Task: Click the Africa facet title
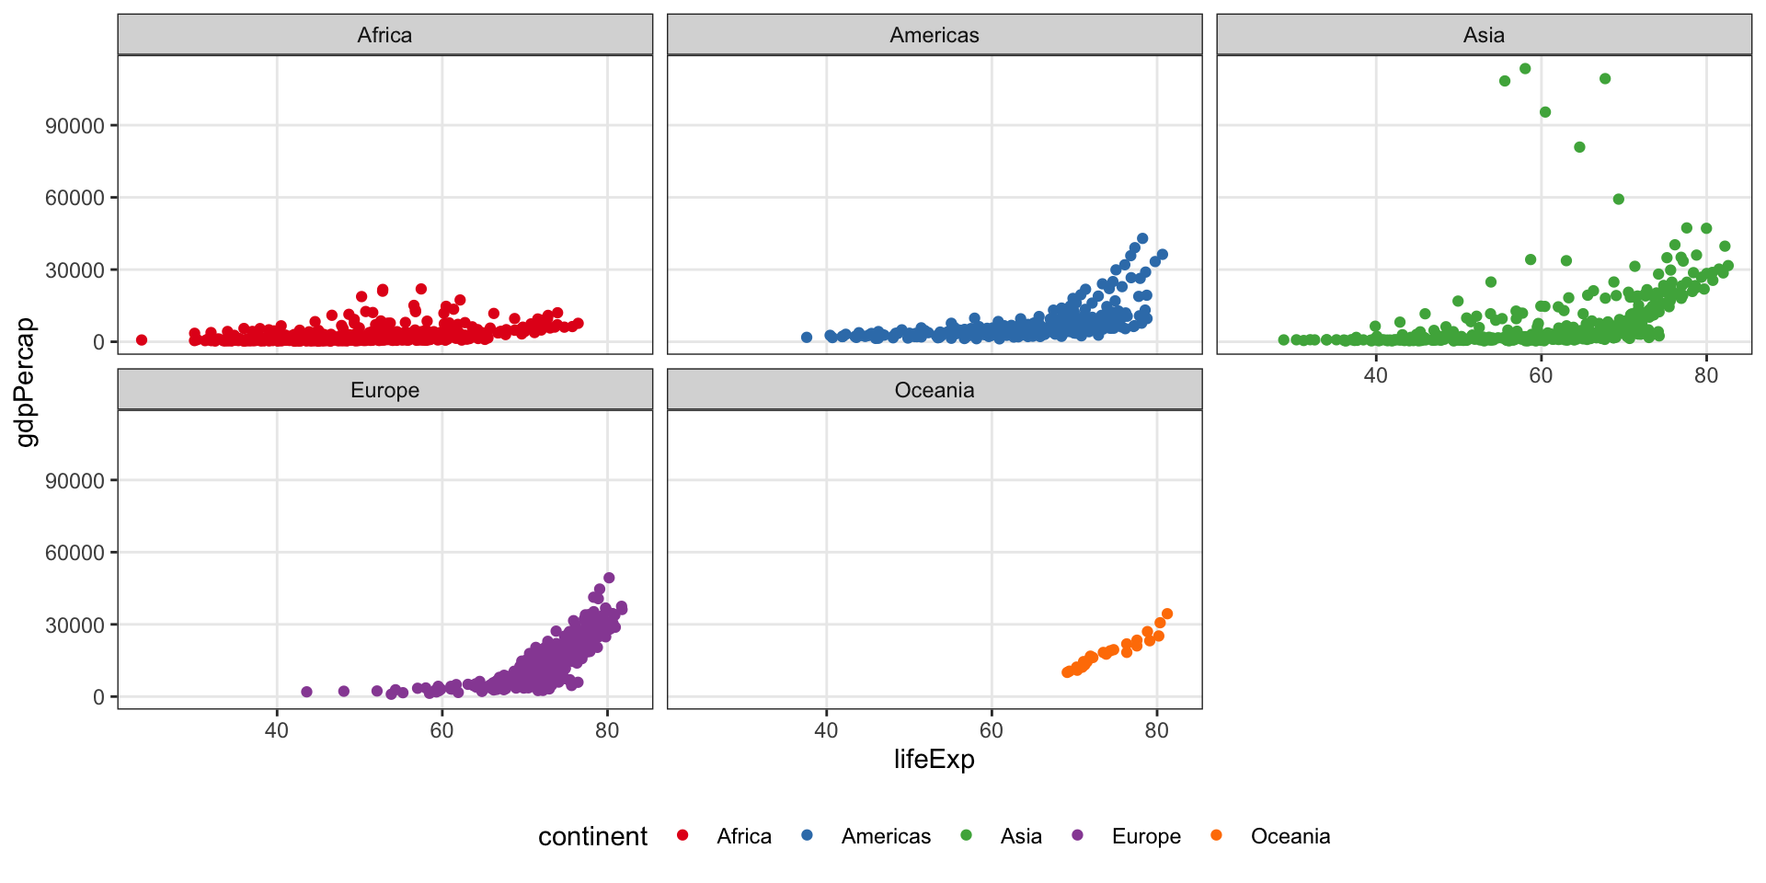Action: click(x=384, y=35)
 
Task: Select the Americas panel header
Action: click(x=934, y=35)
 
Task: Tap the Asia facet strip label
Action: click(x=1484, y=35)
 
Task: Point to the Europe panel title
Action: click(x=384, y=390)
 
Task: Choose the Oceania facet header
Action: click(x=934, y=390)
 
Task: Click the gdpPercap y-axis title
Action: click(x=28, y=382)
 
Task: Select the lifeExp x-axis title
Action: click(x=934, y=759)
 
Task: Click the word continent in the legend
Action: click(x=592, y=836)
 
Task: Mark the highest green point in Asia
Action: click(x=1525, y=69)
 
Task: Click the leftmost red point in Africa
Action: click(x=142, y=340)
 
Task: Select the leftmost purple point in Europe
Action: click(x=307, y=692)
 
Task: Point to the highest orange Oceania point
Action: click(x=1167, y=614)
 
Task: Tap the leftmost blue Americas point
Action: click(x=807, y=338)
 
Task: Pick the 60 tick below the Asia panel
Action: click(x=1541, y=375)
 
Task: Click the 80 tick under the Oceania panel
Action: click(x=1156, y=730)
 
